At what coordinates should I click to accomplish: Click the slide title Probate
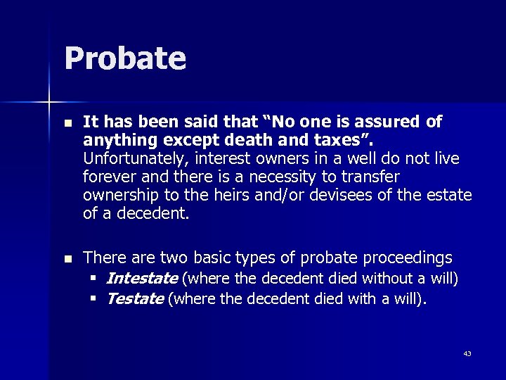pyautogui.click(x=125, y=59)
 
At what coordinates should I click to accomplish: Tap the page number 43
pyautogui.click(x=467, y=353)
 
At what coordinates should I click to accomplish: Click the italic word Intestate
pyautogui.click(x=141, y=279)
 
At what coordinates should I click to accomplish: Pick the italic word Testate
pyautogui.click(x=135, y=298)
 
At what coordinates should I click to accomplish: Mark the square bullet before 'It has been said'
pyautogui.click(x=67, y=122)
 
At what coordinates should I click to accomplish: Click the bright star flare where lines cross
pyautogui.click(x=49, y=103)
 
